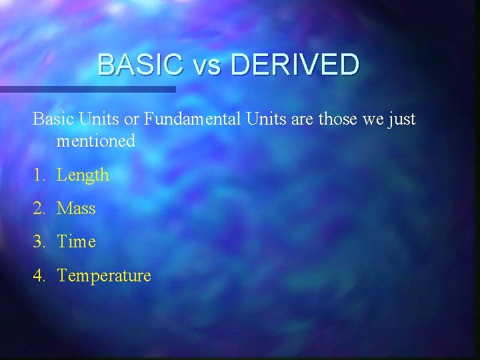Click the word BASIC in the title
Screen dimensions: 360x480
tap(139, 65)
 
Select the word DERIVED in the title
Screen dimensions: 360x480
tap(295, 65)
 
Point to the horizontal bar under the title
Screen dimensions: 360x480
tap(87, 89)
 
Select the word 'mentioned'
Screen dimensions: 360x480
tap(96, 141)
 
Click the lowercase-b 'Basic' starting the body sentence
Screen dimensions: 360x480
tap(53, 119)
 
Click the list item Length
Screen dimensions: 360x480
tap(83, 175)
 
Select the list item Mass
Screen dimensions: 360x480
tap(76, 209)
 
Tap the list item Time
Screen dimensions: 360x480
tap(76, 242)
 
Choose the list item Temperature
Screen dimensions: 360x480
tap(104, 275)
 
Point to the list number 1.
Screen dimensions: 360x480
tap(37, 175)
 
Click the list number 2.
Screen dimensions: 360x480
tap(37, 209)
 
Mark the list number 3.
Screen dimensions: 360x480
tap(37, 242)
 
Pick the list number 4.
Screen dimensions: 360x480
tap(37, 275)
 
